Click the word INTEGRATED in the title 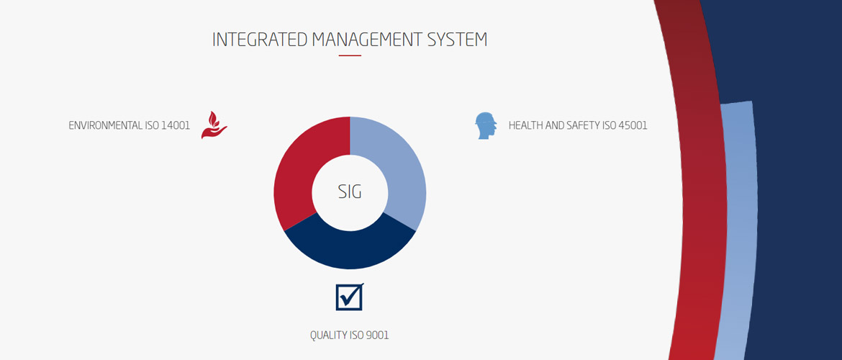260,40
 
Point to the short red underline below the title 350,55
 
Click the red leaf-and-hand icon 214,125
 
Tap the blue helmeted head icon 486,126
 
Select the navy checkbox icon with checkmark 350,297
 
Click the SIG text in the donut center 350,192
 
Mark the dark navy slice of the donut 350,251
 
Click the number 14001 176,126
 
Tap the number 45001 633,126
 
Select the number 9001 377,336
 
